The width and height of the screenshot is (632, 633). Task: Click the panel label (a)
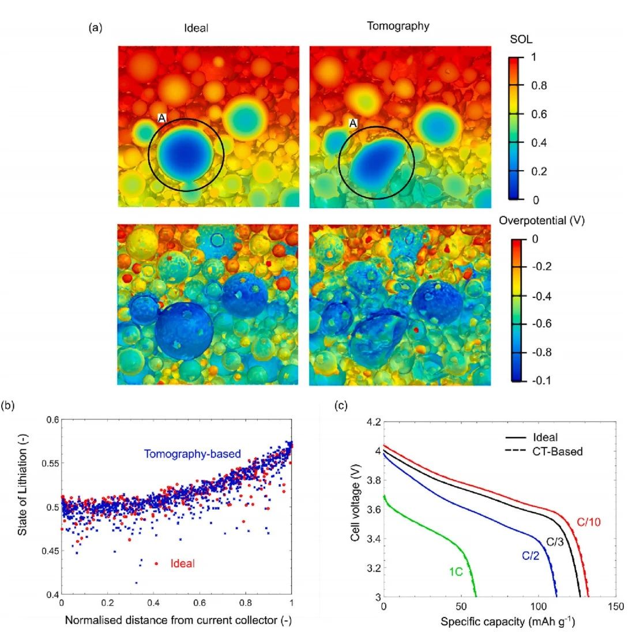pos(95,27)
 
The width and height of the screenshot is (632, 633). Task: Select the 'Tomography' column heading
pos(398,26)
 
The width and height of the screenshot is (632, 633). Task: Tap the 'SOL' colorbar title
pos(520,40)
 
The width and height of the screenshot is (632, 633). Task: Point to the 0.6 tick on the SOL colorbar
pos(539,114)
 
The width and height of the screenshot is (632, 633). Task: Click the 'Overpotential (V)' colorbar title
pos(541,221)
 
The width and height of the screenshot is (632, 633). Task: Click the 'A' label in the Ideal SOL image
pos(162,118)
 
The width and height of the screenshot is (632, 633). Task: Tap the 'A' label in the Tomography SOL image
pos(353,123)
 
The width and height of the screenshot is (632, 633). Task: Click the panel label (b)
pos(8,405)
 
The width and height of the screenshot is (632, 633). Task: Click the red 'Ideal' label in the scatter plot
pos(182,563)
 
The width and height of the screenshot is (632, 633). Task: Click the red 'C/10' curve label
pos(589,522)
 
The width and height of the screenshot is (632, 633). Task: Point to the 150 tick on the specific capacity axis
pos(616,606)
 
